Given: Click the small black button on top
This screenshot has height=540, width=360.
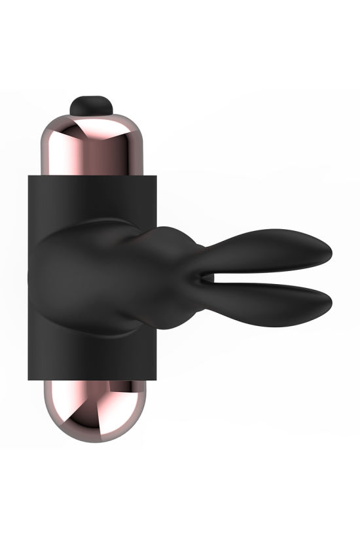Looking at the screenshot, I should click(x=90, y=103).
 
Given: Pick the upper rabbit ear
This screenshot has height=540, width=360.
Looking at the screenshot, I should click(x=275, y=252).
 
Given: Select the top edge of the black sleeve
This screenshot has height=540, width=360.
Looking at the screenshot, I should click(x=92, y=175).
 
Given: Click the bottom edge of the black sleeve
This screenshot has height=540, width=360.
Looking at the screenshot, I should click(x=92, y=379).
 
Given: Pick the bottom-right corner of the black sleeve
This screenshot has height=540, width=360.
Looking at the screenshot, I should click(x=155, y=378).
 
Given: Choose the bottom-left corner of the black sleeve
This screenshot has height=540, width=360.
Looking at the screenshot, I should click(x=28, y=378).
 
